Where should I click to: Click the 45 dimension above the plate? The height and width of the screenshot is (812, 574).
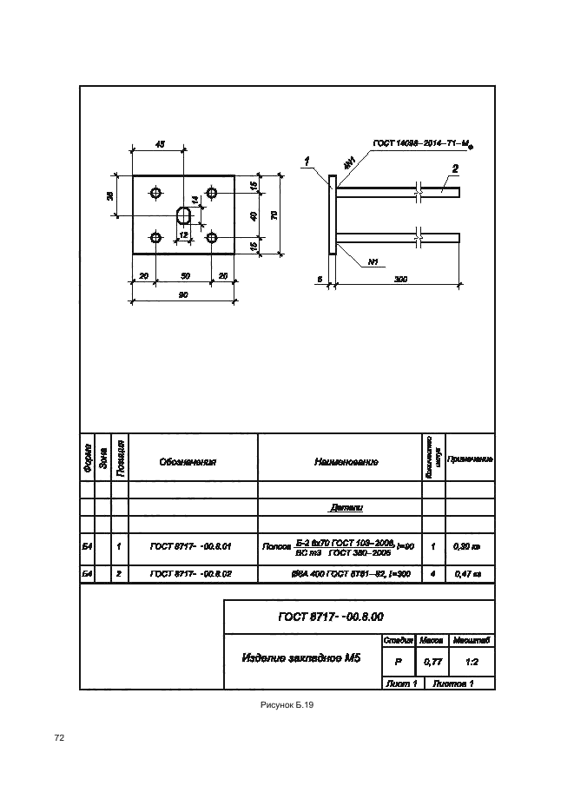point(160,144)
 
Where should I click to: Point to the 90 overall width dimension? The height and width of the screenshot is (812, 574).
point(184,295)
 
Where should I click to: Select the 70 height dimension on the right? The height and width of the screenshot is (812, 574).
point(273,215)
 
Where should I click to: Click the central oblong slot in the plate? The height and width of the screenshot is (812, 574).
point(184,215)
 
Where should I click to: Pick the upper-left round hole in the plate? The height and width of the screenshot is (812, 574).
point(156,191)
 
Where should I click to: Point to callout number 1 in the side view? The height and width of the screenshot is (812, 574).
point(307,160)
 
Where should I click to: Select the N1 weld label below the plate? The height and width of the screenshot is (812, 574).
point(373,261)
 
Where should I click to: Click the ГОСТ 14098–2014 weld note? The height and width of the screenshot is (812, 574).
point(421,143)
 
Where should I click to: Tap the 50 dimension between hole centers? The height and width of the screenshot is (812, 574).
point(184,275)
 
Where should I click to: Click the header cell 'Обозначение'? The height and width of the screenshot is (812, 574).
point(188,462)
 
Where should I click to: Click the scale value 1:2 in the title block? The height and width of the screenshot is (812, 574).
point(473,662)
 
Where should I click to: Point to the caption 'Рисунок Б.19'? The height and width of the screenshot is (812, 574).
point(287,705)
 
